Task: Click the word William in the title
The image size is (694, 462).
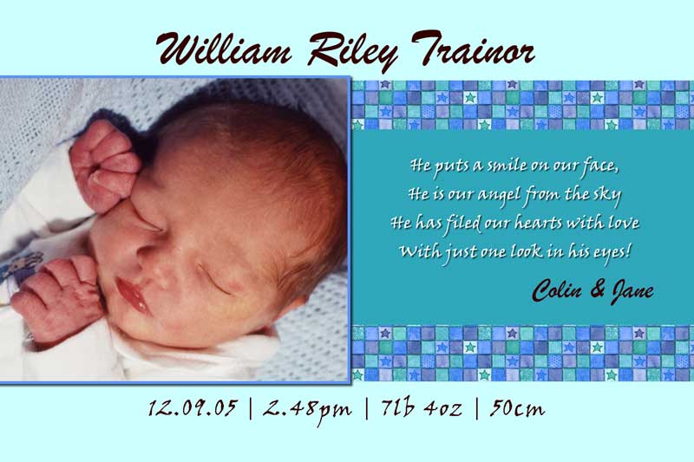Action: tap(224, 49)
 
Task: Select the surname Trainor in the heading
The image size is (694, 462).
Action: tap(474, 48)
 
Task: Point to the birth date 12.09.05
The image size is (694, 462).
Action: tap(193, 408)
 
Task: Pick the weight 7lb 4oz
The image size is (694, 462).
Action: tap(422, 407)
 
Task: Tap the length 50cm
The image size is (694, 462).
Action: tap(517, 408)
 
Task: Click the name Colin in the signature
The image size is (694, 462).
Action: tap(557, 291)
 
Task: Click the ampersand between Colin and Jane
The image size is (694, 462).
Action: tap(597, 290)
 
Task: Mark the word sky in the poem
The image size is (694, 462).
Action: tap(608, 195)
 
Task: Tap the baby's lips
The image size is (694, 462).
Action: tap(133, 294)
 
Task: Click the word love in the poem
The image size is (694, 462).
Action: tap(624, 223)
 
